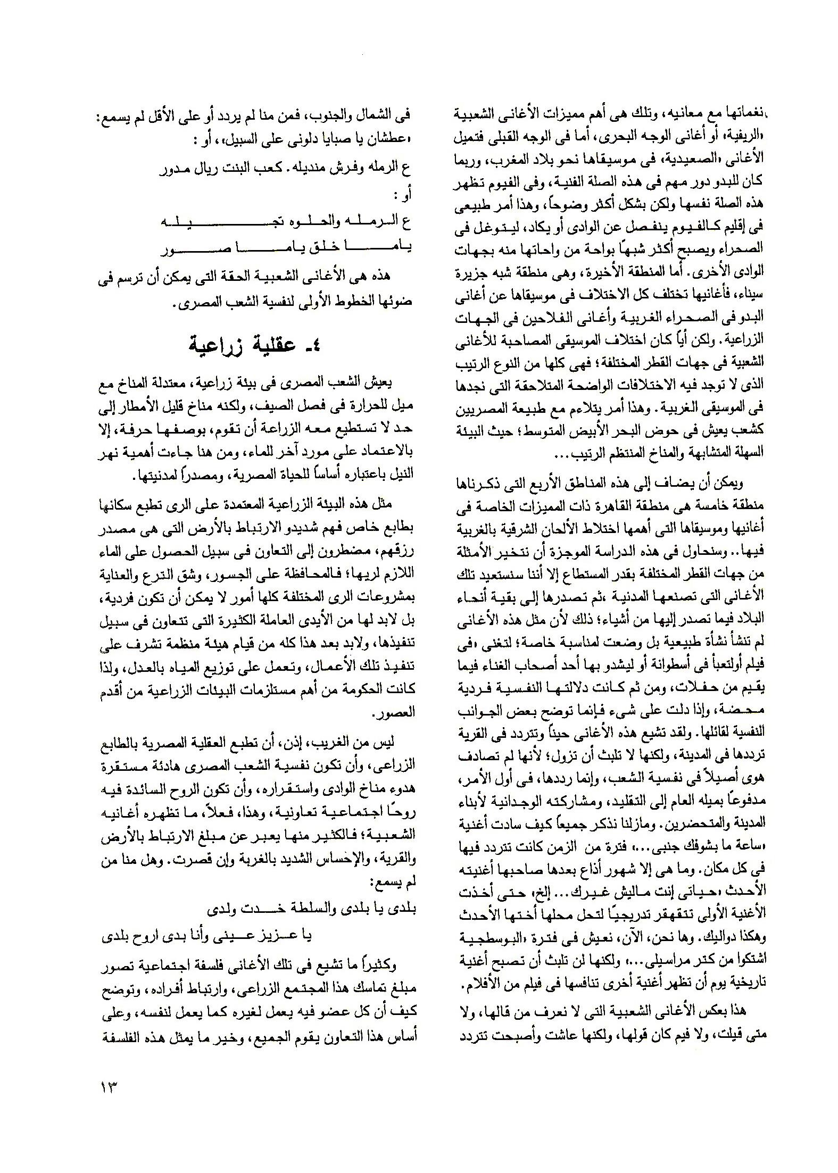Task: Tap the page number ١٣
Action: (107, 1086)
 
